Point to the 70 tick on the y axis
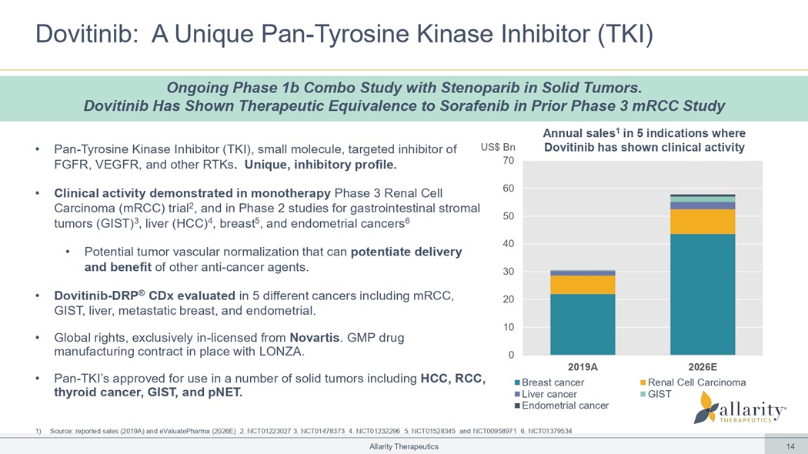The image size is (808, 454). [x=508, y=161]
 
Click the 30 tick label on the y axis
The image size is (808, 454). [x=508, y=272]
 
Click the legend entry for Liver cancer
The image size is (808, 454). [x=549, y=394]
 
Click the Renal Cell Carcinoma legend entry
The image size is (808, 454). [x=692, y=382]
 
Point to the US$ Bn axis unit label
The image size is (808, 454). [x=498, y=146]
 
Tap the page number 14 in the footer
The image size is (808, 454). [x=790, y=447]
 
